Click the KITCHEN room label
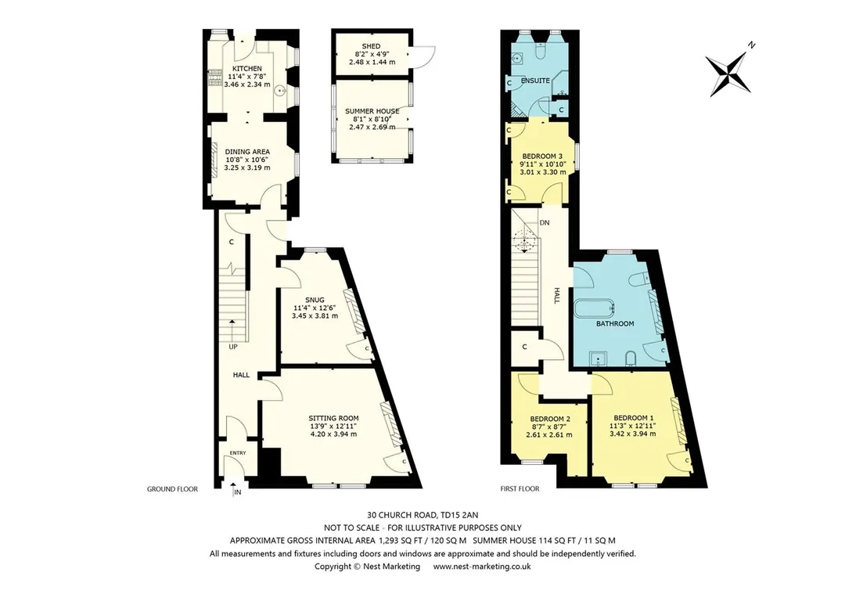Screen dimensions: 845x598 [246, 68]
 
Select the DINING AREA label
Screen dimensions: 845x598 [247, 152]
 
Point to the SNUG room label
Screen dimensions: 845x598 [315, 300]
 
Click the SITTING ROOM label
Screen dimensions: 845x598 [333, 418]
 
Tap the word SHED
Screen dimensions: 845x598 [372, 46]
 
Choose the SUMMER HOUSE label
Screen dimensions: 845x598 [372, 111]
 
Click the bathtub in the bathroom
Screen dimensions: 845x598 [595, 310]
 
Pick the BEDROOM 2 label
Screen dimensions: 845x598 [550, 419]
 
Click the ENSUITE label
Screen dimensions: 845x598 [535, 81]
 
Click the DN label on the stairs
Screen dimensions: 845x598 [545, 223]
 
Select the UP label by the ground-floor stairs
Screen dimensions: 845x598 [233, 347]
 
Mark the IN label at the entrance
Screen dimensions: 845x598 [238, 492]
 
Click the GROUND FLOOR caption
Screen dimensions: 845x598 [172, 489]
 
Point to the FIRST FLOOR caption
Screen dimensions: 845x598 [520, 489]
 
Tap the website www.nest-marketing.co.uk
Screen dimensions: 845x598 [482, 567]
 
